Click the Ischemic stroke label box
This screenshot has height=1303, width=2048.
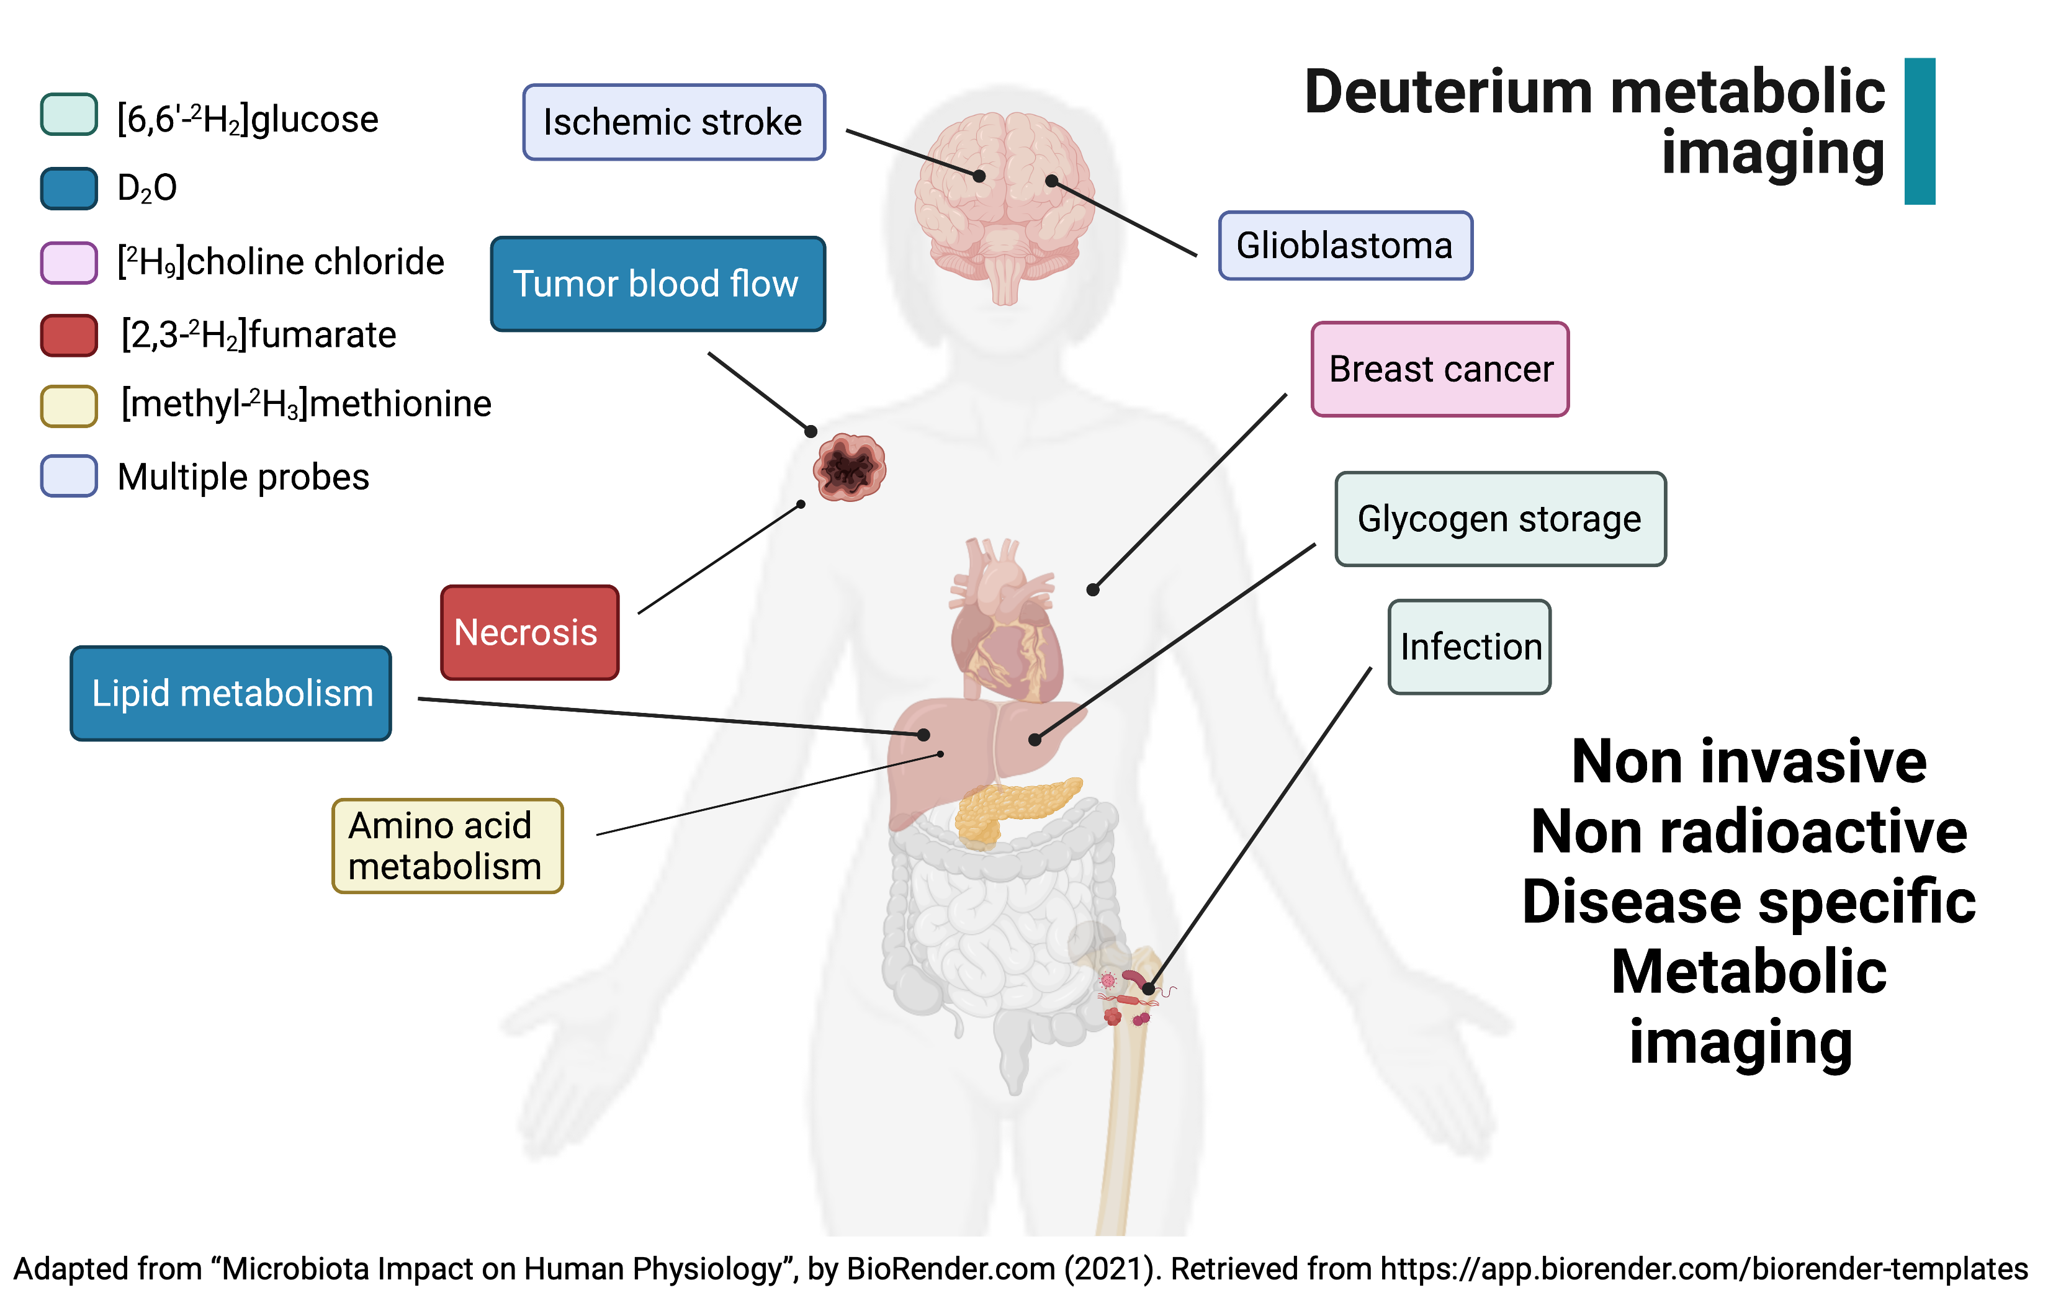[673, 122]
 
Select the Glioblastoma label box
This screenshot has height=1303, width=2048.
[1345, 246]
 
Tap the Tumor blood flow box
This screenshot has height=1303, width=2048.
[657, 284]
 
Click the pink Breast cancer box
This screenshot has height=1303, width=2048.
[1439, 369]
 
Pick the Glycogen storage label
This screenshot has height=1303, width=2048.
[1499, 519]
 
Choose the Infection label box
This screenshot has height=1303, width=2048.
[1469, 647]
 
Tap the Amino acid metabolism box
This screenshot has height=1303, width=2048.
[447, 846]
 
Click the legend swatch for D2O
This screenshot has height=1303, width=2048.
[69, 188]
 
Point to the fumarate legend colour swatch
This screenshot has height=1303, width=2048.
[69, 335]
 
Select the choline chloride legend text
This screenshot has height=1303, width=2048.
[281, 262]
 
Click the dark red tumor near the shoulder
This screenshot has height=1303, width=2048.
[849, 467]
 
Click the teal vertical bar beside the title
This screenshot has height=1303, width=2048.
[1919, 131]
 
